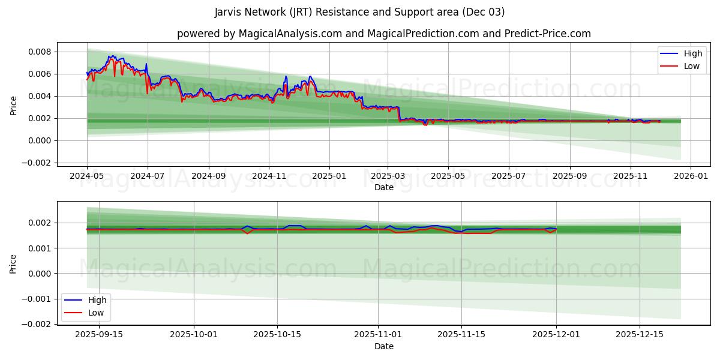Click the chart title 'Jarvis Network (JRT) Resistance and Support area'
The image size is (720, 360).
[359, 12]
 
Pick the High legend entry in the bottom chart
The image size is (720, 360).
[97, 300]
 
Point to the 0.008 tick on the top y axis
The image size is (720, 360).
[40, 52]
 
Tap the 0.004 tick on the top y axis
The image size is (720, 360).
[40, 96]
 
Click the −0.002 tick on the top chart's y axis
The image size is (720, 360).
[37, 163]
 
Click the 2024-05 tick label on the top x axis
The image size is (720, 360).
[87, 176]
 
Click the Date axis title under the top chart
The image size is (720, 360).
[383, 187]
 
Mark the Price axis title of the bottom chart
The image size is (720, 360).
[14, 263]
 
